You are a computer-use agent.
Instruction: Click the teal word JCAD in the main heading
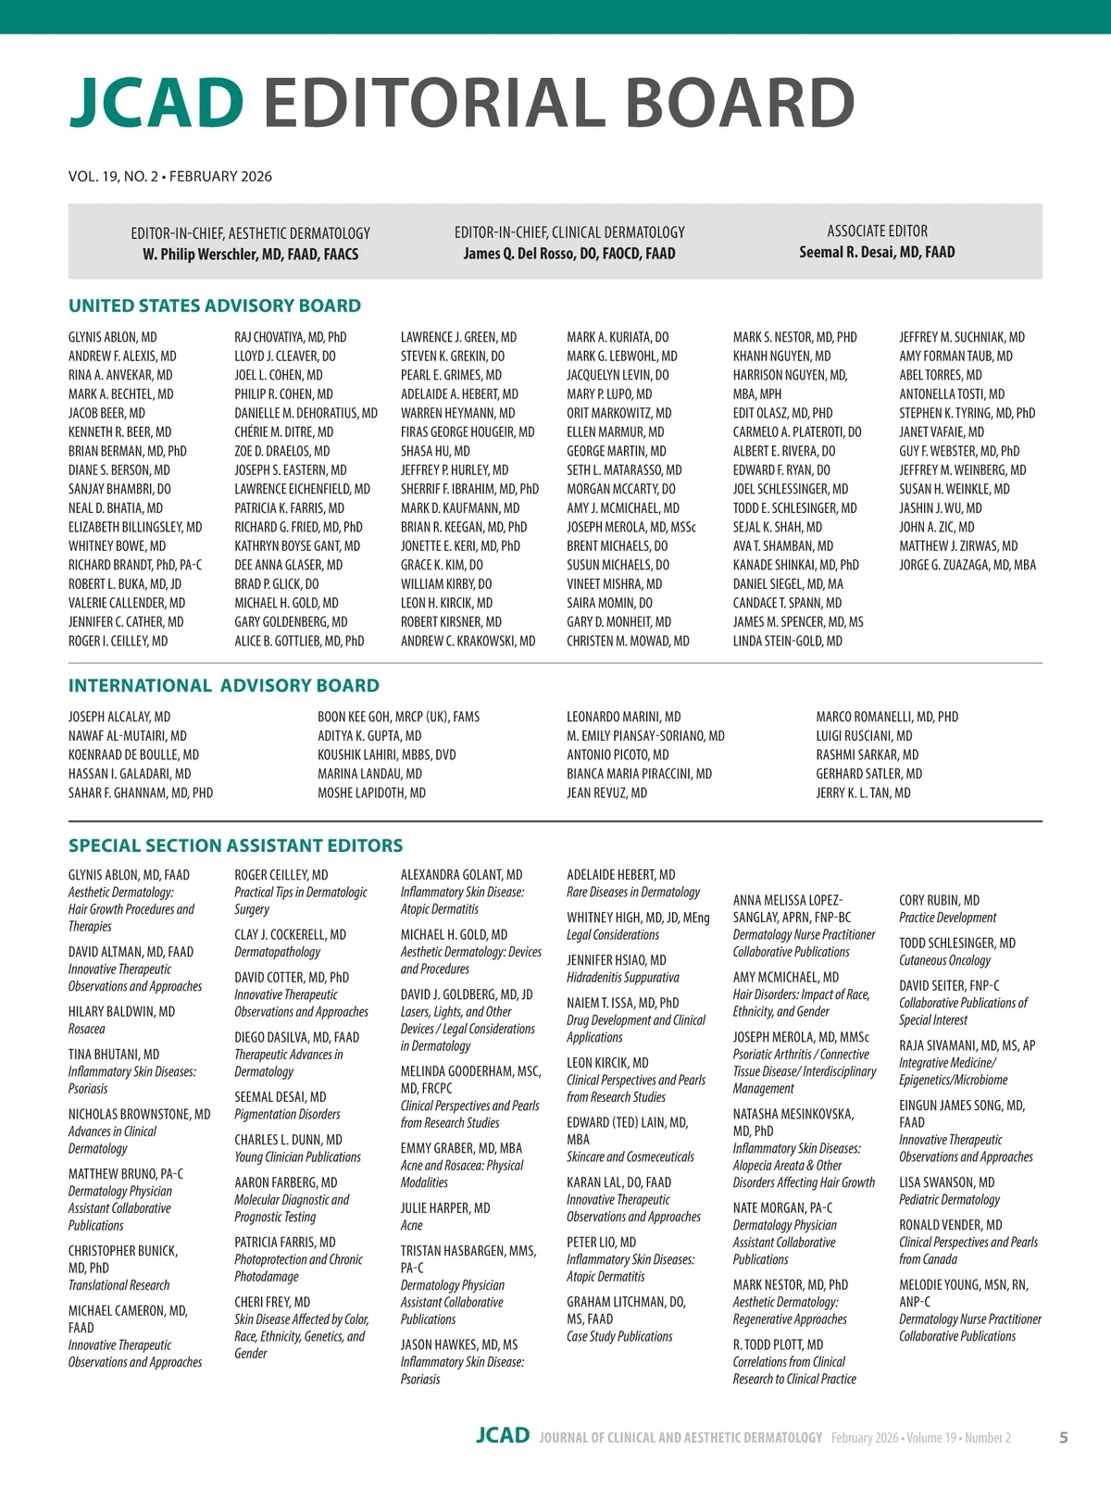click(x=156, y=102)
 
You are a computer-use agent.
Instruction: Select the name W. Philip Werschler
click(x=250, y=254)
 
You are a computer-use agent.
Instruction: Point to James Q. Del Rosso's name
click(x=568, y=253)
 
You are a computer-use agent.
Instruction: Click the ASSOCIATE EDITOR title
click(x=877, y=231)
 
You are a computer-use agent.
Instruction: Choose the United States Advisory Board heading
click(x=214, y=306)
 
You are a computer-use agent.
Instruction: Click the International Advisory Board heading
click(x=223, y=685)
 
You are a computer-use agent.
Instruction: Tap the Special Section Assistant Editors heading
click(x=235, y=845)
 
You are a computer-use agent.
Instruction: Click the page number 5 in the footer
click(x=1063, y=1437)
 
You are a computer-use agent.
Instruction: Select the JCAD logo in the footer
click(x=503, y=1436)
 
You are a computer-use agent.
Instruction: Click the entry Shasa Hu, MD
click(x=435, y=451)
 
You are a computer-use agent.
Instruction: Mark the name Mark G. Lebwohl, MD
click(x=621, y=356)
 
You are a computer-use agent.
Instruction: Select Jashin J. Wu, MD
click(x=940, y=508)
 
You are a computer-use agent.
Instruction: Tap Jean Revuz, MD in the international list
click(x=606, y=793)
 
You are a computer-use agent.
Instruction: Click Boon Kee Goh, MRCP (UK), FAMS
click(x=398, y=717)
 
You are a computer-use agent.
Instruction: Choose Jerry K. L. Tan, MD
click(x=863, y=793)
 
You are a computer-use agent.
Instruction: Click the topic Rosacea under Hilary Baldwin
click(x=86, y=1029)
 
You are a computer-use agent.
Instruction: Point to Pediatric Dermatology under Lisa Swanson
click(x=949, y=1199)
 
